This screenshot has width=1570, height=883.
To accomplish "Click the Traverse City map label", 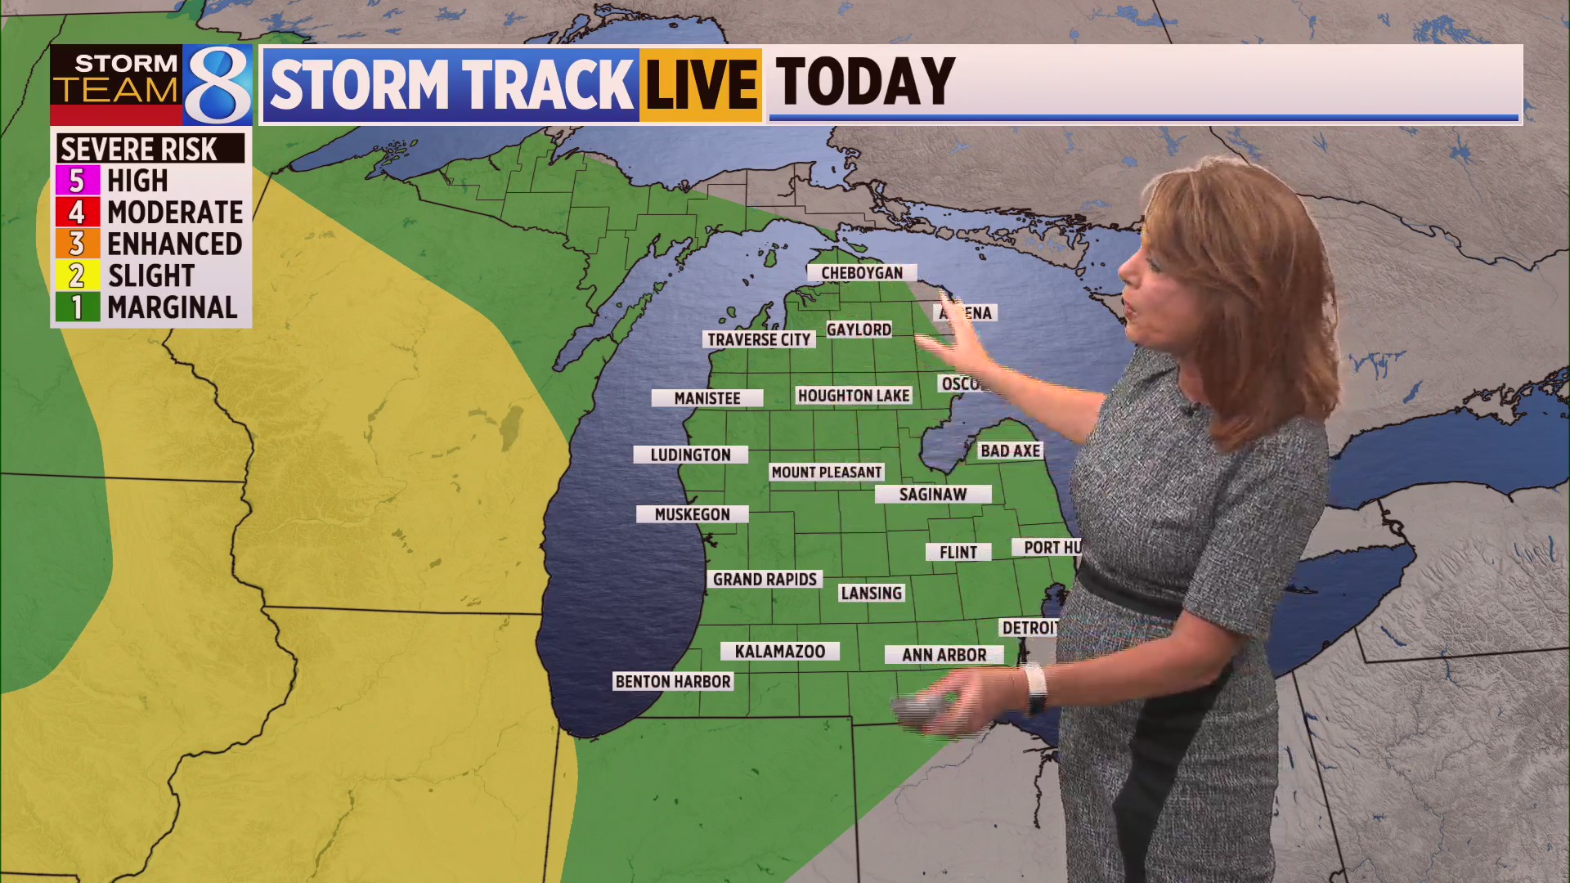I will click(x=759, y=339).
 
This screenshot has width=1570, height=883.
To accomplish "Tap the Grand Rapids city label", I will click(x=765, y=579).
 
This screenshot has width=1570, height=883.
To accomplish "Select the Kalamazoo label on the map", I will click(x=779, y=652).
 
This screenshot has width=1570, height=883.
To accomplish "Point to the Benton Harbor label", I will click(x=673, y=681).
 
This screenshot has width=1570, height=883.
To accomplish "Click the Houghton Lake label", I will click(x=854, y=396).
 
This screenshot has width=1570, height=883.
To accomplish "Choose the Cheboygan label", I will click(x=862, y=272).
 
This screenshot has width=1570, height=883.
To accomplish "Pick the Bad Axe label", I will click(x=1010, y=450).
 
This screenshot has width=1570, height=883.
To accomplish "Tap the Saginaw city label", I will click(x=933, y=494).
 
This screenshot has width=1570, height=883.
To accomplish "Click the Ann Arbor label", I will click(x=944, y=655).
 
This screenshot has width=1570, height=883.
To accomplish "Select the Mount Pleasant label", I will click(x=827, y=472).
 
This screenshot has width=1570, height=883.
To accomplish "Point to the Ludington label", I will click(x=690, y=455).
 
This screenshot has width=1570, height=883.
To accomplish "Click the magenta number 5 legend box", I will click(x=77, y=180).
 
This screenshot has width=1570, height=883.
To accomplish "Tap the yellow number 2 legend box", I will click(x=77, y=276).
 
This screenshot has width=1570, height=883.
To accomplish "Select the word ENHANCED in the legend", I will click(x=175, y=244).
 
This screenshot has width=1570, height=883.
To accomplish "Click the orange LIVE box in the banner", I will click(x=701, y=85).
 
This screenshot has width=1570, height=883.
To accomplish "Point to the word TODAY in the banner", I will click(x=864, y=82).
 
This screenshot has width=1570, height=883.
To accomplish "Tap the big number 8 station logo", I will click(x=217, y=84).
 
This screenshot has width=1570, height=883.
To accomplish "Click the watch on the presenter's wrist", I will click(x=1035, y=687).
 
